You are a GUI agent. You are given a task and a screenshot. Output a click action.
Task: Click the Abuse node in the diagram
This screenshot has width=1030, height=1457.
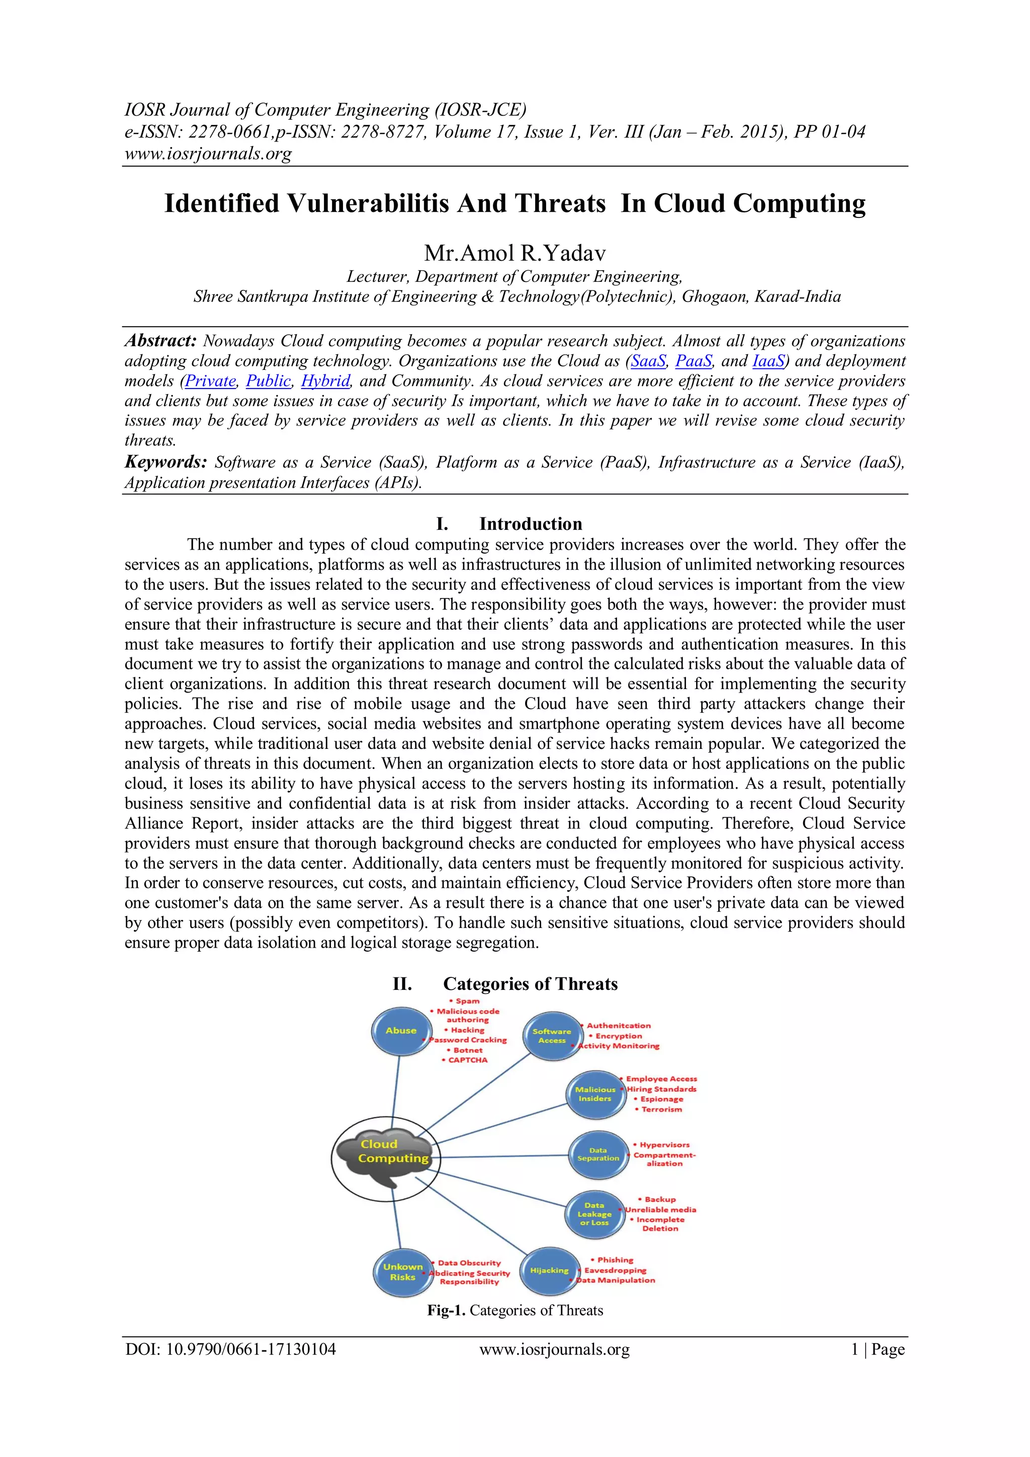click(401, 1031)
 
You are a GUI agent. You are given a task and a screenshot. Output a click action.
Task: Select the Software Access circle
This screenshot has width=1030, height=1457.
click(551, 1036)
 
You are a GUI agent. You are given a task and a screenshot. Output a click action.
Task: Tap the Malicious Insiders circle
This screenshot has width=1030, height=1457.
click(594, 1094)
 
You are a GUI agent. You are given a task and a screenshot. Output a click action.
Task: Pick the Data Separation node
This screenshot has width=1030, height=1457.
click(597, 1154)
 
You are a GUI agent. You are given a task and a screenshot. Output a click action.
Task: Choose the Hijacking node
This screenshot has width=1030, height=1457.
click(549, 1270)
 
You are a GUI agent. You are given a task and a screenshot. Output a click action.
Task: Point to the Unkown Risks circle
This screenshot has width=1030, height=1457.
click(402, 1272)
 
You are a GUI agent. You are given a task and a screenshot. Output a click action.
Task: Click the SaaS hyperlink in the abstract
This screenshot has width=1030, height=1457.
click(648, 361)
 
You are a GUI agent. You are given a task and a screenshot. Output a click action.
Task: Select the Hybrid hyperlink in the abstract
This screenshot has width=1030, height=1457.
click(325, 381)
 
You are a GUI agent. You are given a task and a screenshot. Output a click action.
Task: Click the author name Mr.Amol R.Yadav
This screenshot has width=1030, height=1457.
click(514, 253)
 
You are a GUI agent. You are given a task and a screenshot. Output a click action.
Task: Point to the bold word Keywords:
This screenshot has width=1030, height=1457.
click(165, 462)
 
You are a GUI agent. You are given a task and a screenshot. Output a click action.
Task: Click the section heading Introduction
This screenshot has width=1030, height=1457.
click(530, 523)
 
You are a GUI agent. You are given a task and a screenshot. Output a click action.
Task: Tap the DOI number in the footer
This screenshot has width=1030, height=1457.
click(230, 1349)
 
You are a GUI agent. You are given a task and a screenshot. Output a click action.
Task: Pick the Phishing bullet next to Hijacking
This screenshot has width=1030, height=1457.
click(615, 1260)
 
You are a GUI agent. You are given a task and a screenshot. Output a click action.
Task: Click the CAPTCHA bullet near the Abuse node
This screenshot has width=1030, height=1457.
click(467, 1060)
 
